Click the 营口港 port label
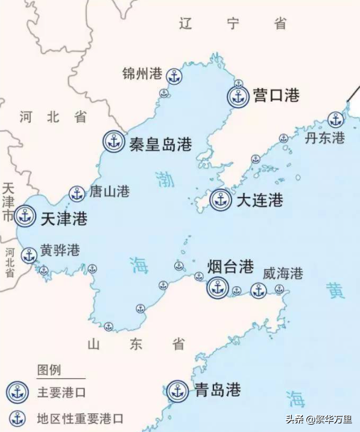[276, 95]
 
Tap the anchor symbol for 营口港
[239, 96]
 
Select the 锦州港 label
[142, 74]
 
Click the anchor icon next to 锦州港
[174, 76]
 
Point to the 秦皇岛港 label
[160, 144]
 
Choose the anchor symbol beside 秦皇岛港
[113, 142]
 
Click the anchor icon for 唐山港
[77, 193]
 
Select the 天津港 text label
[63, 218]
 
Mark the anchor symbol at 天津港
[25, 216]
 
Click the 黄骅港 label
[60, 251]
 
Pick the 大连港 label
[259, 200]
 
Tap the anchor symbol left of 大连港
[221, 199]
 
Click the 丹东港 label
[324, 137]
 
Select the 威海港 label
[282, 273]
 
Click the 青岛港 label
[218, 390]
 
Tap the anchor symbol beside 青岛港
[177, 391]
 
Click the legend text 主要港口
[62, 392]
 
